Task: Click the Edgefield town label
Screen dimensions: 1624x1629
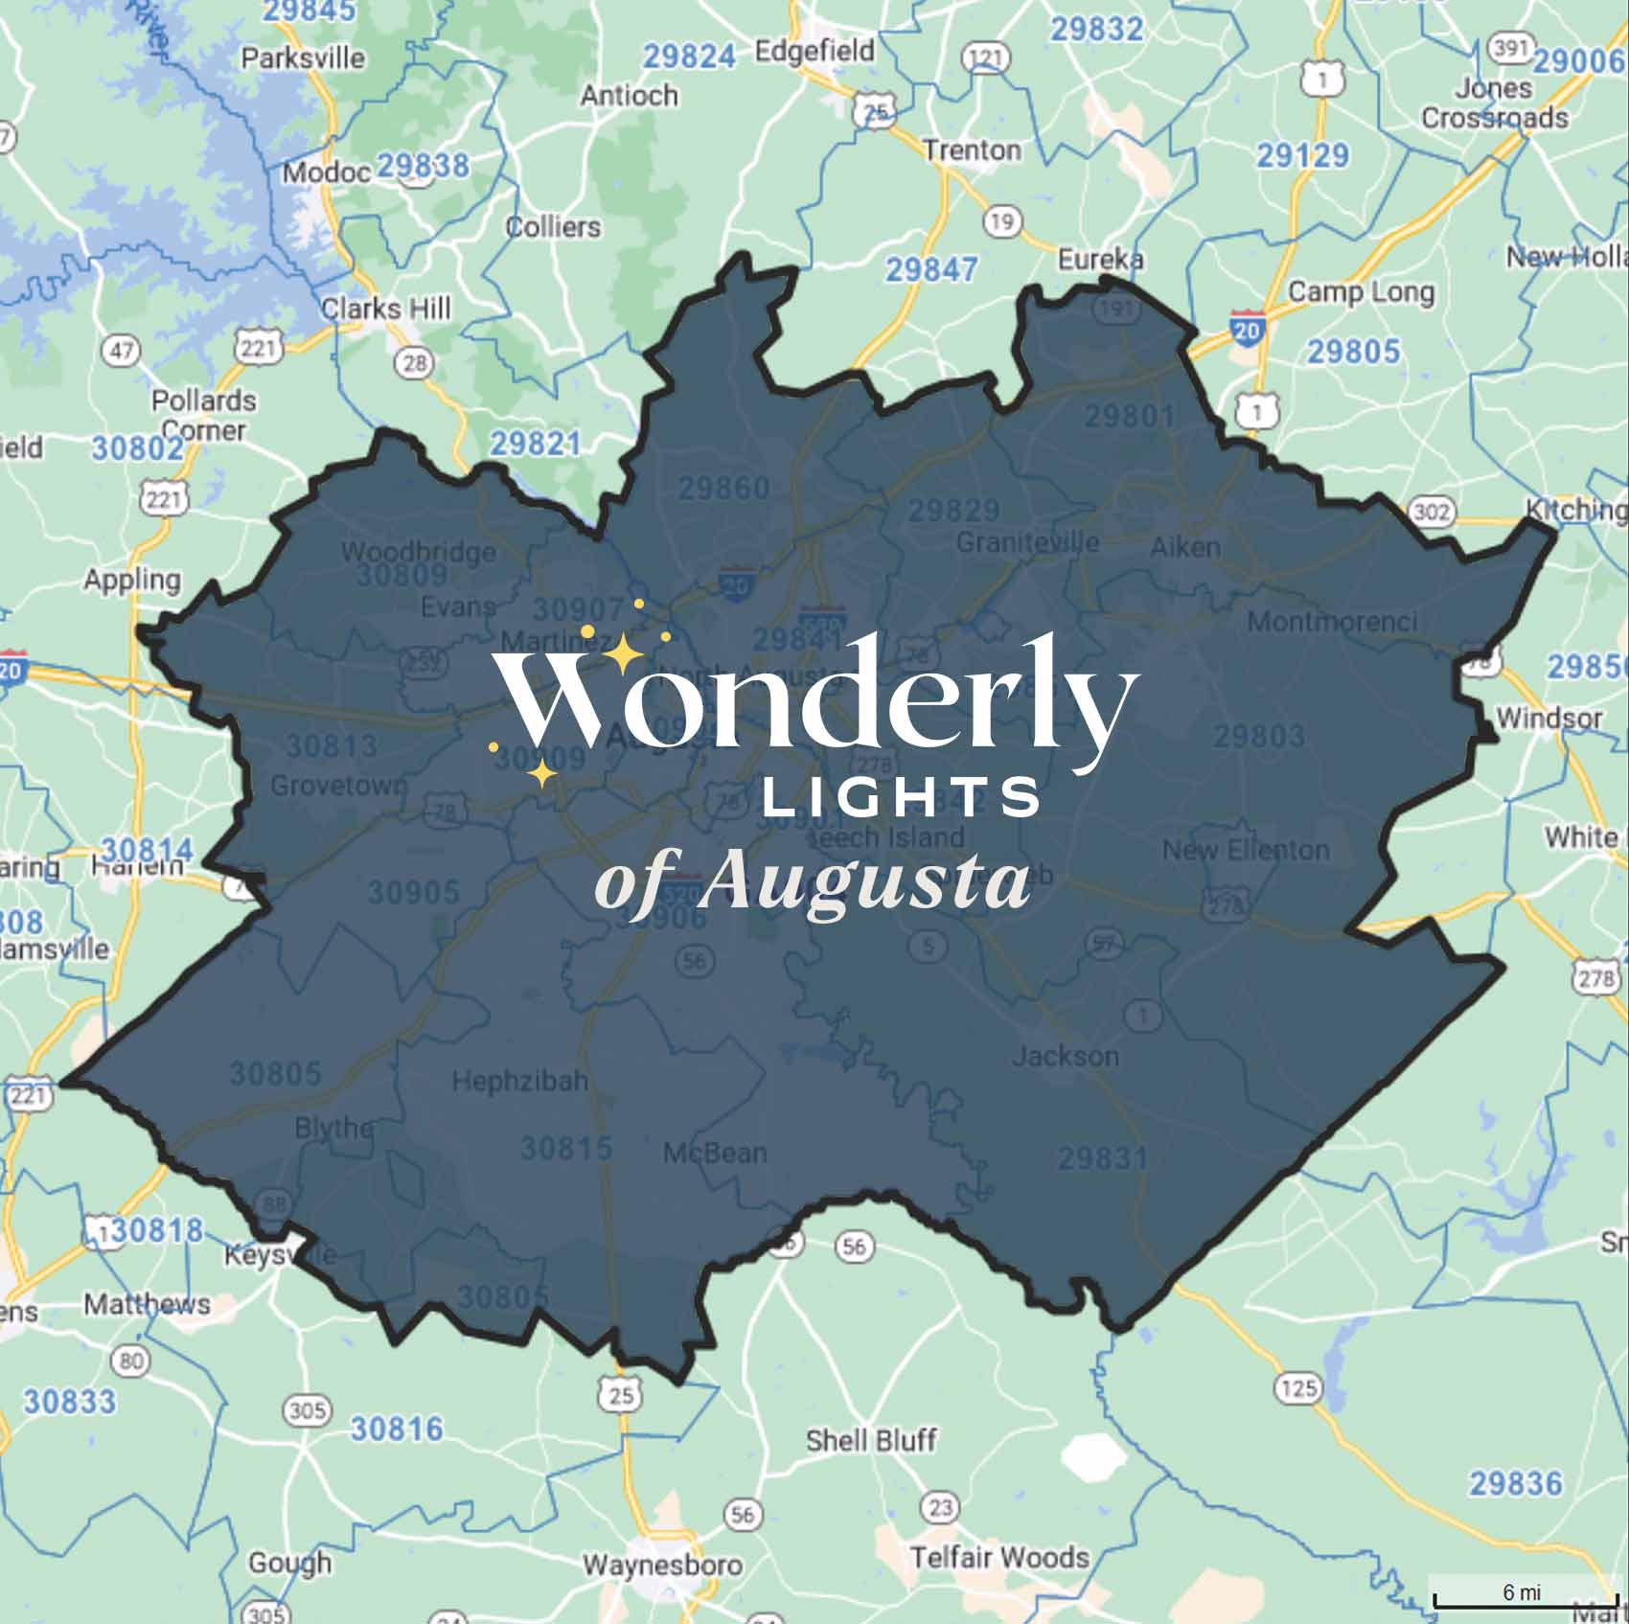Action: click(x=814, y=50)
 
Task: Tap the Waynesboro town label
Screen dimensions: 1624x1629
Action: click(x=663, y=1565)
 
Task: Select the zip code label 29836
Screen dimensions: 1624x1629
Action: click(x=1516, y=1483)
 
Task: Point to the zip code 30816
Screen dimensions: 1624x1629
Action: click(x=397, y=1429)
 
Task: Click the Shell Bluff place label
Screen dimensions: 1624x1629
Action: click(x=871, y=1440)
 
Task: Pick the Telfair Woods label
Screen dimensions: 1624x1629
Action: click(x=999, y=1557)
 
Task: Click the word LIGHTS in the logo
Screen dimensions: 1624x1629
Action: click(x=901, y=797)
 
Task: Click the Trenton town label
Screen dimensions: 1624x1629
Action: click(x=972, y=150)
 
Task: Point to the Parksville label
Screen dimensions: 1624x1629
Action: click(x=303, y=58)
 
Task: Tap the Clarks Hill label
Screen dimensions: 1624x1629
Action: click(x=385, y=309)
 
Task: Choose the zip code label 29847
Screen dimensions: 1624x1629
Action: click(x=931, y=270)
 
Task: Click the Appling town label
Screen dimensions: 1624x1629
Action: click(x=132, y=580)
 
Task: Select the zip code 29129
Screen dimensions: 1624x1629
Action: click(x=1302, y=155)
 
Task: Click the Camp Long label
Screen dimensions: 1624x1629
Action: click(x=1361, y=291)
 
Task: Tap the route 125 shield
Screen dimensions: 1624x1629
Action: click(x=1298, y=1387)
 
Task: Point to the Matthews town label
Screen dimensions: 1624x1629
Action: click(x=147, y=1304)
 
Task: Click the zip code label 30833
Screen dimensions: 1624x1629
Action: click(x=69, y=1402)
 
